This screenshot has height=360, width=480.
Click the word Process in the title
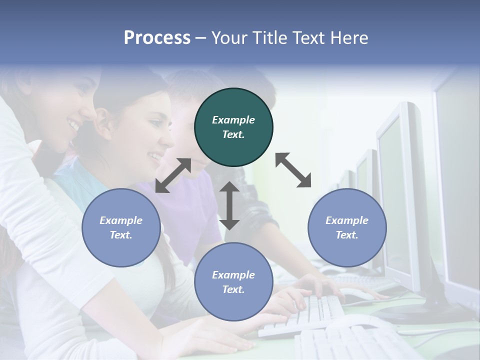157,38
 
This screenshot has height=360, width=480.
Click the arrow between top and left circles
173,175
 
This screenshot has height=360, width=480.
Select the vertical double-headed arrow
229,205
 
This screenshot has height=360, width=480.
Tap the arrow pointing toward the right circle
293,170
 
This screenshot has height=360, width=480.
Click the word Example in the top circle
233,120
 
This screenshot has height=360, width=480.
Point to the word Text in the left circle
121,235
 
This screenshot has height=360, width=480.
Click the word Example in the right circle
347,220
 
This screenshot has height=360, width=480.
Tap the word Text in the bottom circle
233,289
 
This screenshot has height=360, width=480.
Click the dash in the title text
201,38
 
